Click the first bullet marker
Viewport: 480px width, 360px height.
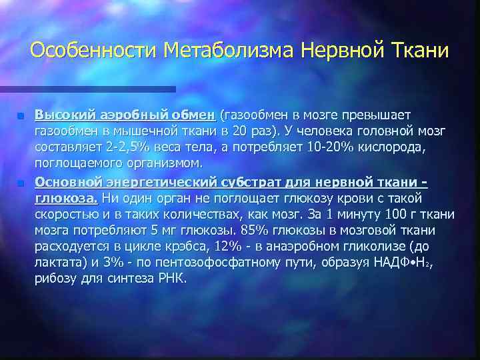click(21, 115)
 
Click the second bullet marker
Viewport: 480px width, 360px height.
click(21, 183)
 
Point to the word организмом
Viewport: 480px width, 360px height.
click(173, 162)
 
